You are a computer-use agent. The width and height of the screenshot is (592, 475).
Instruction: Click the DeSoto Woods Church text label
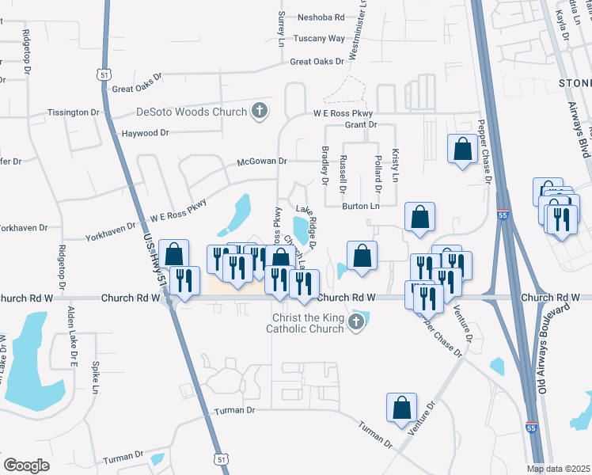click(x=181, y=112)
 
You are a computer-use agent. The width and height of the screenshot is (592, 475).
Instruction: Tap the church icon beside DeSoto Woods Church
click(x=260, y=112)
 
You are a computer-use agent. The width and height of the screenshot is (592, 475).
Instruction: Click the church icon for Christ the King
click(x=356, y=321)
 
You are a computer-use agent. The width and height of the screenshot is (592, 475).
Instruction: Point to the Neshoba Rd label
click(x=321, y=17)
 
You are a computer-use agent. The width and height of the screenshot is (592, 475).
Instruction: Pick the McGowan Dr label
click(x=262, y=161)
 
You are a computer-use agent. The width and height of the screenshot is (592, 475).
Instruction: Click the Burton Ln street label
click(x=361, y=207)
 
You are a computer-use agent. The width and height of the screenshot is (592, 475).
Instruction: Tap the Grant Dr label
click(x=360, y=125)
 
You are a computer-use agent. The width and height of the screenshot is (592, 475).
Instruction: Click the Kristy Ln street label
click(x=395, y=165)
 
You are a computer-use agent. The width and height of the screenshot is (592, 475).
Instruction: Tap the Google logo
click(x=27, y=465)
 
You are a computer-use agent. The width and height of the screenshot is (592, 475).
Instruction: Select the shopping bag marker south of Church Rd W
click(x=401, y=407)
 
